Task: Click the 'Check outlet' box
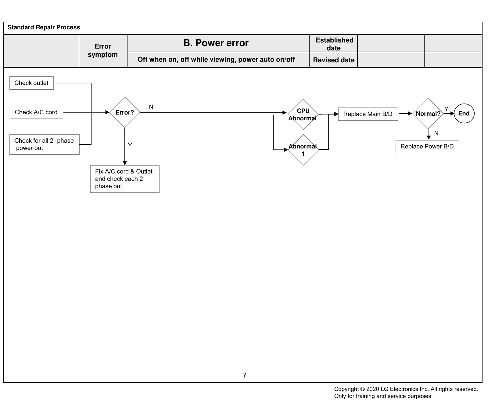(31, 83)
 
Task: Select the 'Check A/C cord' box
(36, 112)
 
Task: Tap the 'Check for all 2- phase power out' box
(45, 144)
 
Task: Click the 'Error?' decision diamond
(125, 112)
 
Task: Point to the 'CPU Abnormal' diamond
(303, 115)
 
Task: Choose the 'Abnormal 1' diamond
(303, 150)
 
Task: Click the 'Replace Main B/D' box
(368, 114)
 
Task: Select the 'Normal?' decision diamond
(428, 114)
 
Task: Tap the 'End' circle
(464, 114)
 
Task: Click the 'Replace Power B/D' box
(427, 147)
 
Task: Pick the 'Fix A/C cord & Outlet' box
(125, 179)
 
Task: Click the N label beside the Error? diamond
(151, 107)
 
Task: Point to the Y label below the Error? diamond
(130, 145)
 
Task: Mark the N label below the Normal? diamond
(436, 133)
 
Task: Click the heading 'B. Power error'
(216, 43)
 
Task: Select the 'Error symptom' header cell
(103, 51)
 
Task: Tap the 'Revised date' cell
(334, 60)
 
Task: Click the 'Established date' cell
(334, 44)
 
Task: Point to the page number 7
(244, 376)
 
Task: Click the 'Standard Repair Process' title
(44, 27)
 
